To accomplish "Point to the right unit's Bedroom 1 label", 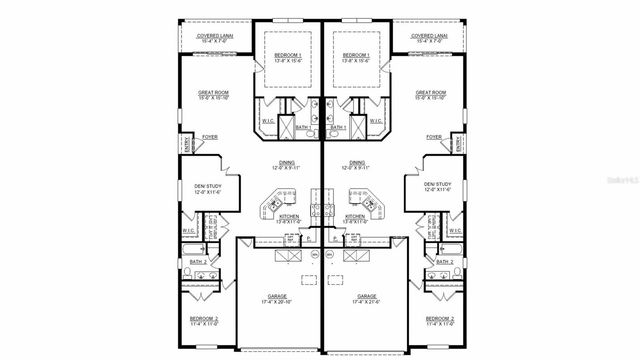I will pyautogui.click(x=355, y=55).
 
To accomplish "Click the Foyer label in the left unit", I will pyautogui.click(x=210, y=136).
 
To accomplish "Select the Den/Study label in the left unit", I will pyautogui.click(x=207, y=185).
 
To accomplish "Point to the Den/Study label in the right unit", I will pyautogui.click(x=437, y=185).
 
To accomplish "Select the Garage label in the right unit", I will pyautogui.click(x=367, y=296).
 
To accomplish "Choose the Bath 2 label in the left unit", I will pyautogui.click(x=199, y=261).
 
